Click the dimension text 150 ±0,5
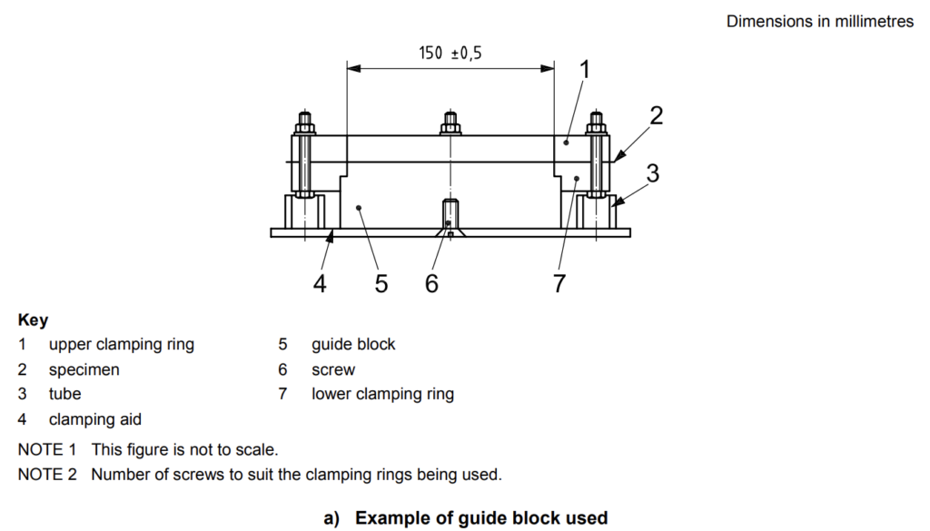tap(450, 54)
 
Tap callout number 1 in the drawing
tap(586, 69)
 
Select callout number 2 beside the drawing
tap(656, 115)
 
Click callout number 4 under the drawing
tap(320, 284)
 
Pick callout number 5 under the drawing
tap(381, 284)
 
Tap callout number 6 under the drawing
tap(431, 284)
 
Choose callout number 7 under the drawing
tap(559, 284)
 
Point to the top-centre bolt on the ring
tap(450, 122)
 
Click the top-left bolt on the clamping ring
tap(303, 122)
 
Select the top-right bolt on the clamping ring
tap(597, 122)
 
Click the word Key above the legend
tap(34, 320)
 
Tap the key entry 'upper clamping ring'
tap(121, 345)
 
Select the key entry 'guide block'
tap(353, 345)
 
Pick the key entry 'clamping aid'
tap(95, 419)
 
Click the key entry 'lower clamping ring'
tap(382, 394)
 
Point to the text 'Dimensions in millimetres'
tap(820, 22)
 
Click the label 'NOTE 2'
tap(47, 474)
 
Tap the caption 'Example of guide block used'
tap(481, 518)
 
